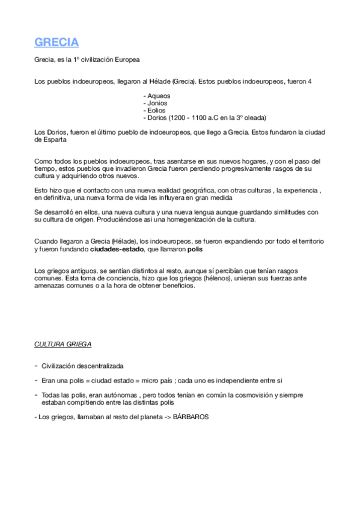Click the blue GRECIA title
(x=56, y=43)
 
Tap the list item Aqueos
(x=159, y=96)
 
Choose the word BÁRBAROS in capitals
(x=191, y=417)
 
